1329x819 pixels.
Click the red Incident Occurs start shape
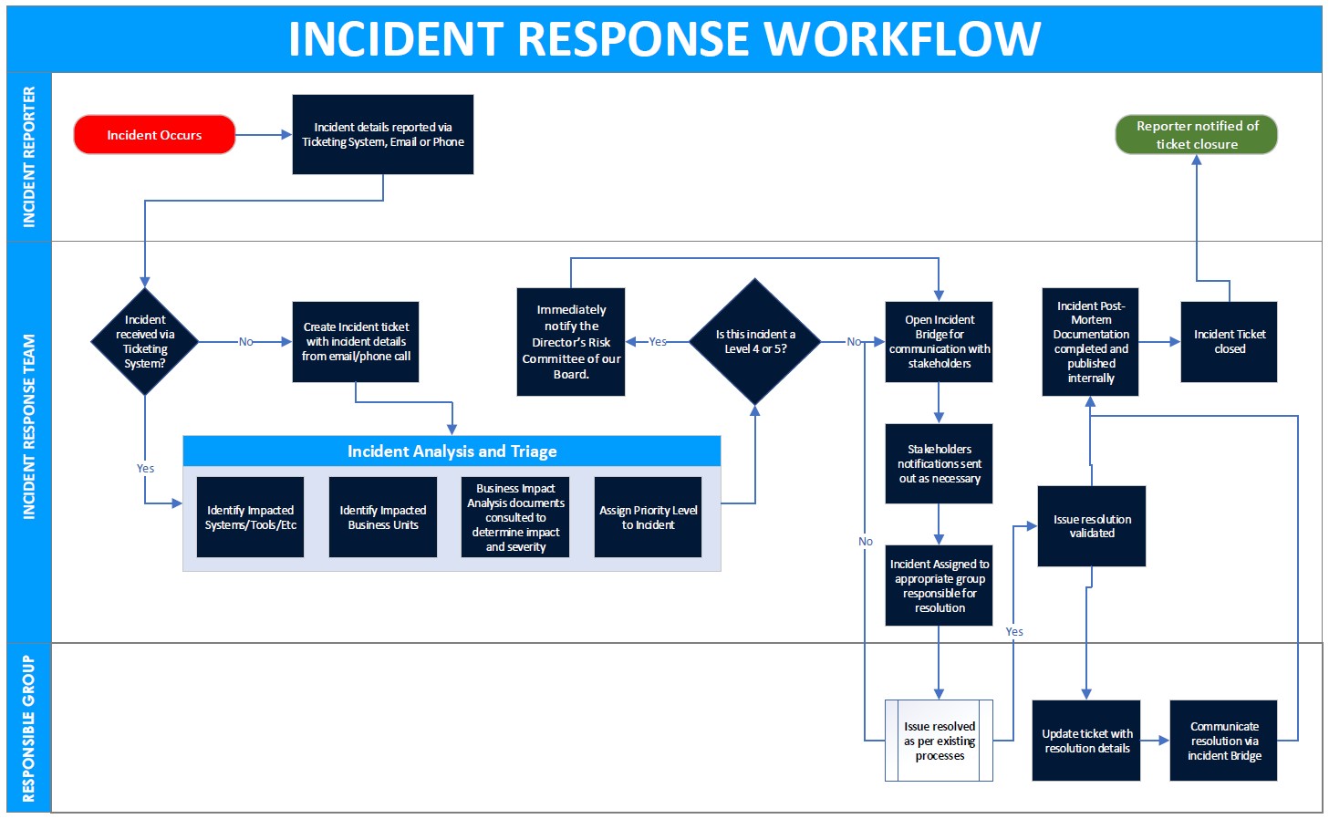(x=154, y=135)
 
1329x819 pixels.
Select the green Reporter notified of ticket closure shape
(x=1196, y=135)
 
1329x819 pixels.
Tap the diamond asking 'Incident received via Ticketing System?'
(x=145, y=342)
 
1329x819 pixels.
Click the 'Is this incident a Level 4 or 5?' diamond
(x=754, y=342)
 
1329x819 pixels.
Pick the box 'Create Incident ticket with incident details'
(x=356, y=342)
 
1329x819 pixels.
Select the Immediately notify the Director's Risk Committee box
(x=571, y=342)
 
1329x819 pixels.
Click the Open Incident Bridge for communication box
(x=939, y=342)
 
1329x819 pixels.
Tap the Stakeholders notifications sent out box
(x=939, y=463)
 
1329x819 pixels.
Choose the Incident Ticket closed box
(x=1229, y=342)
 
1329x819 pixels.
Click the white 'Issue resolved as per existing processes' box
(x=939, y=741)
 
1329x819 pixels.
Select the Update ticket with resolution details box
(x=1086, y=741)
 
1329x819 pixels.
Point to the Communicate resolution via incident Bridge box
(x=1223, y=741)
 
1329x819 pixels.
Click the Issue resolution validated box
(x=1091, y=526)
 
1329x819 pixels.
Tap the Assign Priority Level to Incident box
(x=648, y=517)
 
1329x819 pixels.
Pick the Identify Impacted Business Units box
(x=383, y=517)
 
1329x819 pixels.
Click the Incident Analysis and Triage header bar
(x=452, y=451)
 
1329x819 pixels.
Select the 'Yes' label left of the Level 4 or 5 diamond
(x=658, y=342)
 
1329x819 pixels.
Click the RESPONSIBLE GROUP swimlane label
(x=29, y=728)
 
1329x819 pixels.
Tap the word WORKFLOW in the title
(x=901, y=39)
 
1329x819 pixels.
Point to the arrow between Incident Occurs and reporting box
(x=264, y=135)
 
